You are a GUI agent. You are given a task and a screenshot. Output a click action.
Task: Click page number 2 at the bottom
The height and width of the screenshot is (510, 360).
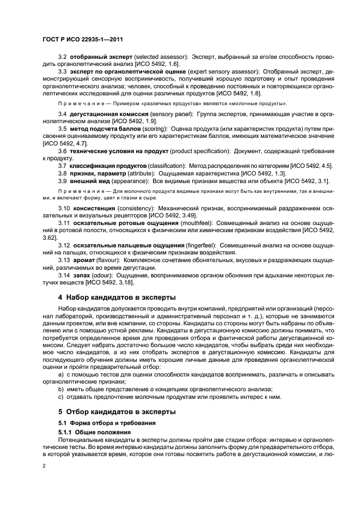coord(44,465)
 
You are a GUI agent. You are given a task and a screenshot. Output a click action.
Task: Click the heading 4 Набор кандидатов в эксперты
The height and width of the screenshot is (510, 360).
coord(117,297)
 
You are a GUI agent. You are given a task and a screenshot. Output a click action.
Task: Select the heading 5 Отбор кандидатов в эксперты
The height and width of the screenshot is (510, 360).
coord(117,411)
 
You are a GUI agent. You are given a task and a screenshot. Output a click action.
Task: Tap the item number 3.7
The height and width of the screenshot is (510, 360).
coord(62,165)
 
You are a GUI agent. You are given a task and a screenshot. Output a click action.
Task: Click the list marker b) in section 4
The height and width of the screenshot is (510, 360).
coord(61,388)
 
